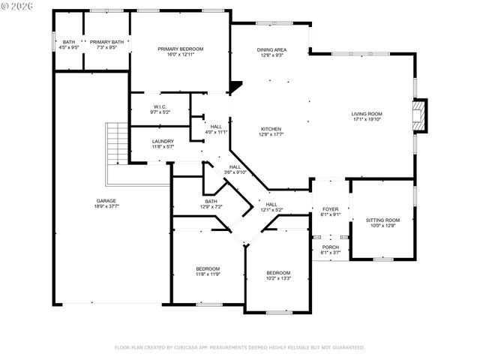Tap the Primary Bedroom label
coord(180,49)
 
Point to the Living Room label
coord(367,113)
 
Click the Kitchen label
coord(271,128)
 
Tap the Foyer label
coord(331,208)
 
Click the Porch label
coord(331,247)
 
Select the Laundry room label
coord(163,141)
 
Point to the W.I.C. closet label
coord(160,106)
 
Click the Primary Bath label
coord(107,42)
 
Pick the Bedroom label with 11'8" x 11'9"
coord(208,268)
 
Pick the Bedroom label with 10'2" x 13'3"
coord(278,272)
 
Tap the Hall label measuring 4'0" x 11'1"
coord(216,127)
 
